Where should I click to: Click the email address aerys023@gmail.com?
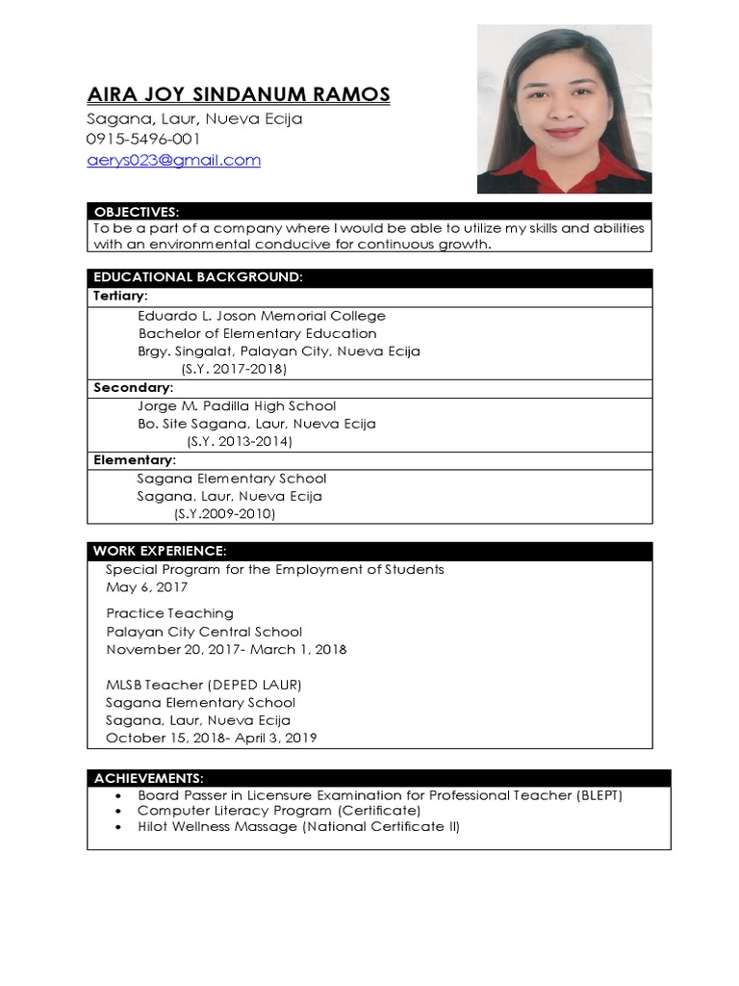174,160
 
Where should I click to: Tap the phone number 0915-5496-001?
144,140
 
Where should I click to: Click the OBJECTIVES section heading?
137,212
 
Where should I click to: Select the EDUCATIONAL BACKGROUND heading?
198,277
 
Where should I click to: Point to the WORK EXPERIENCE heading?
160,551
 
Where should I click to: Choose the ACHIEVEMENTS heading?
148,778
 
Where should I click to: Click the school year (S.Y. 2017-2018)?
234,369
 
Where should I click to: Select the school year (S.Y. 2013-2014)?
240,441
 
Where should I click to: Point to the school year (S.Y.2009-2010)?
224,514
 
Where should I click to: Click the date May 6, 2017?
147,587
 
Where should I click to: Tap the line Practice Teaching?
169,613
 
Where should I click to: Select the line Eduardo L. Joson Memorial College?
262,316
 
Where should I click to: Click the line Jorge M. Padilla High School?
237,406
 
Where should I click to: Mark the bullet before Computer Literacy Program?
117,812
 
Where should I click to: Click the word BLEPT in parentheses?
599,795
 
